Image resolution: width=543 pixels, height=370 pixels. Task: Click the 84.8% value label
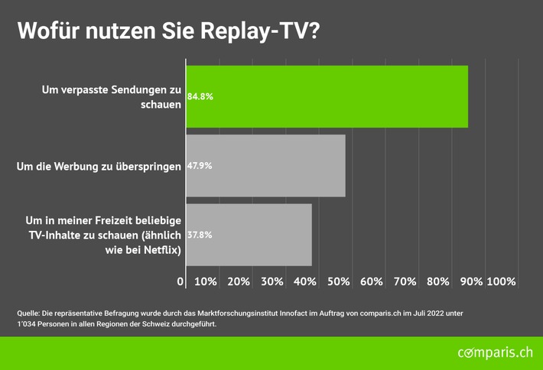[x=200, y=97]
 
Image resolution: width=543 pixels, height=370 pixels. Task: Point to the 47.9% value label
[x=200, y=165]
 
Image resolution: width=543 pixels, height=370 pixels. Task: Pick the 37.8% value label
[x=200, y=235]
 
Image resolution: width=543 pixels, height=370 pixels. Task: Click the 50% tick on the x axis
[x=339, y=281]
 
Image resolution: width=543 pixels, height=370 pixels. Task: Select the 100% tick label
[x=501, y=281]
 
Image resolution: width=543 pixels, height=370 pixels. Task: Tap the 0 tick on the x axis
[x=180, y=281]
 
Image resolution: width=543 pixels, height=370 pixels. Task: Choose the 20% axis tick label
[x=239, y=281]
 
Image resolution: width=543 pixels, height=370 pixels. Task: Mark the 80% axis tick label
[x=438, y=281]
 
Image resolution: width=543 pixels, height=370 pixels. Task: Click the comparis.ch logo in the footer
[x=495, y=353]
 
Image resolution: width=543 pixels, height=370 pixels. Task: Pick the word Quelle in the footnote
[x=29, y=313]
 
